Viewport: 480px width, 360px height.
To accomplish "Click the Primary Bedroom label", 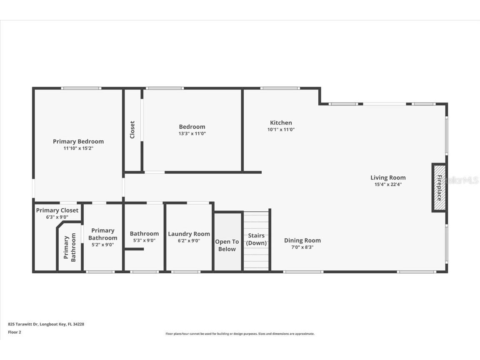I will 78,141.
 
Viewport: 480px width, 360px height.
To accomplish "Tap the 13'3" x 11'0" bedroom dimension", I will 192,134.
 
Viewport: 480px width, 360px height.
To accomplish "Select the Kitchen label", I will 281,122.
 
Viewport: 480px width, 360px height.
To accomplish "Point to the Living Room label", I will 388,177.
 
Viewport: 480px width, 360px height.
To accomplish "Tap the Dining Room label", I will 302,240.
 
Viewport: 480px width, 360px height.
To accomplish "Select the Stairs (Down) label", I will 256,239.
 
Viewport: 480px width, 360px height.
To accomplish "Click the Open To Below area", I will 227,245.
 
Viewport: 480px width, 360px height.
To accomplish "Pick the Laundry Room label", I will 189,234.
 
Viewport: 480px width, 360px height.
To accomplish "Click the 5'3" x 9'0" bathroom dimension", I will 144,240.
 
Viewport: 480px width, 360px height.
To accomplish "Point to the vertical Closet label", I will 132,130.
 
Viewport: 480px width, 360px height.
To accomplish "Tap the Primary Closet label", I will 57,210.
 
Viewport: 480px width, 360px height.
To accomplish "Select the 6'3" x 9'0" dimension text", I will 57,217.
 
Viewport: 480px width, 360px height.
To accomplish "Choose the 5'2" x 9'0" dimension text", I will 102,245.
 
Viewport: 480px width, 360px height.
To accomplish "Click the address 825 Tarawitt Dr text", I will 46,324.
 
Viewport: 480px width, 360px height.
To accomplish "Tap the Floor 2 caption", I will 14,332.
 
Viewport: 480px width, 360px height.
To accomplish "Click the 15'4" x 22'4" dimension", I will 388,184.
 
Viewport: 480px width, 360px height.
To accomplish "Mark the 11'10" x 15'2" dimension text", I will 78,148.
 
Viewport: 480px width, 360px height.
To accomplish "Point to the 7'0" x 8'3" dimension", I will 302,247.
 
